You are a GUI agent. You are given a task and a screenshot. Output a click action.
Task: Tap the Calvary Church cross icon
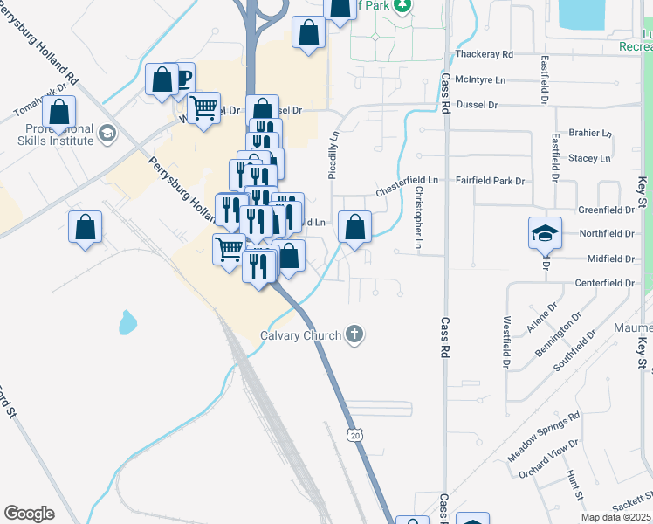(x=354, y=333)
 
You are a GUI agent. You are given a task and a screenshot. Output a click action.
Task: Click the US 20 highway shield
(x=354, y=435)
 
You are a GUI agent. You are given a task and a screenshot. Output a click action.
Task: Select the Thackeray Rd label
(x=484, y=54)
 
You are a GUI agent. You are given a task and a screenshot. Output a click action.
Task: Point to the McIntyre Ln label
(x=481, y=79)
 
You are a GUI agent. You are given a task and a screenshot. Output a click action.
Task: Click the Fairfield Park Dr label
(x=490, y=181)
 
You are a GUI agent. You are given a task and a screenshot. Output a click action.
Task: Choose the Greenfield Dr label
(x=606, y=210)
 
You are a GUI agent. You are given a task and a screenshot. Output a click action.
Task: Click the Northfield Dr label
(x=606, y=234)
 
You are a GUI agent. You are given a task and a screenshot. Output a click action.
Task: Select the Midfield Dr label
(x=611, y=259)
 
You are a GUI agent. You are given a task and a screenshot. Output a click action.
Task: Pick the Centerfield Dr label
(x=604, y=284)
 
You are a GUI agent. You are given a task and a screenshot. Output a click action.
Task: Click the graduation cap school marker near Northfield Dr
(x=545, y=233)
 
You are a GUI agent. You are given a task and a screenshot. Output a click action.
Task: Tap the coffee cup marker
(x=180, y=79)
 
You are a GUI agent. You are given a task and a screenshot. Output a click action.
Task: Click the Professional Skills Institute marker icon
(x=108, y=134)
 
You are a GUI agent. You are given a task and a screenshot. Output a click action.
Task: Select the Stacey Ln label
(x=589, y=158)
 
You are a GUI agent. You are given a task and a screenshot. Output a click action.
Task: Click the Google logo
(x=29, y=513)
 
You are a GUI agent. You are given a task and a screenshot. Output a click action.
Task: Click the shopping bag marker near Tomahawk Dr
(x=59, y=113)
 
